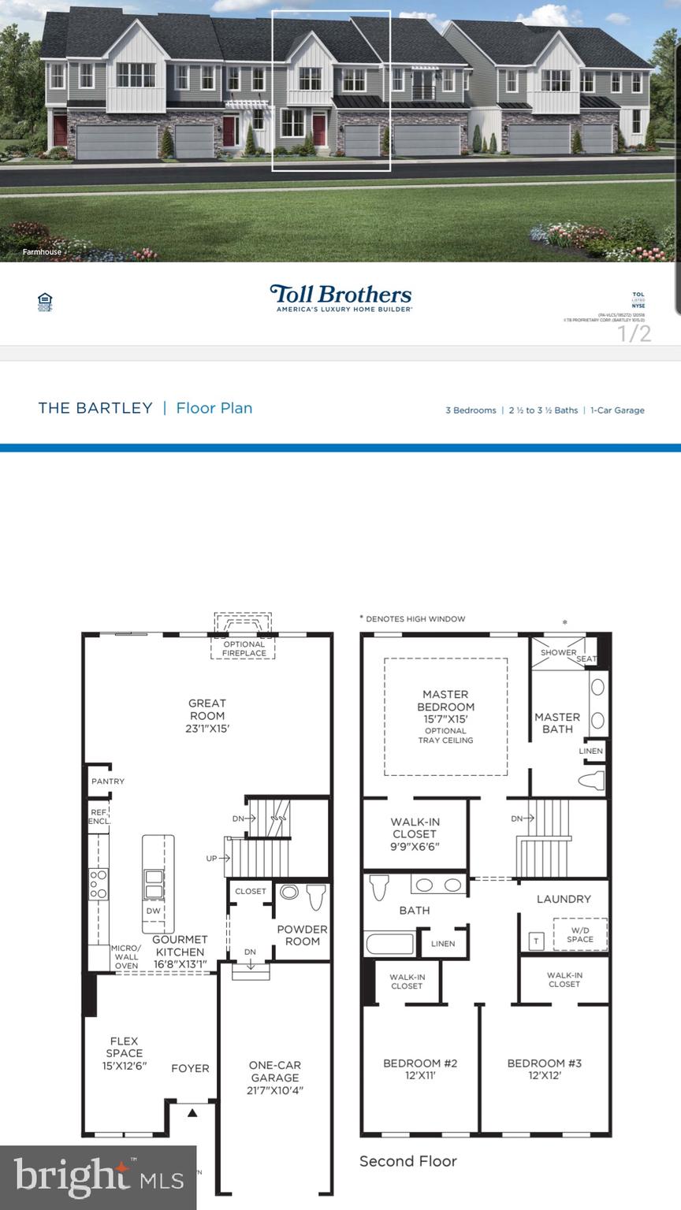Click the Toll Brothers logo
(x=340, y=298)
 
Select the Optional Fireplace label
(x=244, y=648)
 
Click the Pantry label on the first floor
(x=107, y=781)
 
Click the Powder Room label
(x=302, y=935)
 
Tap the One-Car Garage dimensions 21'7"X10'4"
(x=275, y=1090)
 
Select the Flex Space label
(x=125, y=1047)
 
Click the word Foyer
(x=190, y=1068)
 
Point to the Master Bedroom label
(x=445, y=700)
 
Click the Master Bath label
(x=557, y=722)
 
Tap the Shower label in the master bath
(x=558, y=652)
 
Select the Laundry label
(x=564, y=899)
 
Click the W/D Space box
(x=579, y=934)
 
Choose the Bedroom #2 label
(x=420, y=1063)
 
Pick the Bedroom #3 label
(x=545, y=1063)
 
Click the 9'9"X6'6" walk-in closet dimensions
(x=415, y=846)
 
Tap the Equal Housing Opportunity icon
(x=45, y=302)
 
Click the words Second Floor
(x=407, y=1161)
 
